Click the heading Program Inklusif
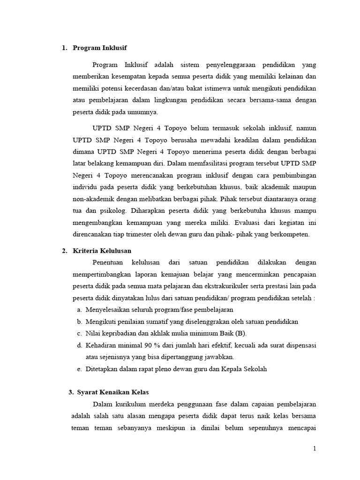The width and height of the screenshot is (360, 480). click(x=100, y=48)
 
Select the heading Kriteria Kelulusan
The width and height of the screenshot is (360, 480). click(x=102, y=251)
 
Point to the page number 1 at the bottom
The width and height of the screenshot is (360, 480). click(x=315, y=449)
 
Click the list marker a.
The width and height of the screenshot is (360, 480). click(x=78, y=310)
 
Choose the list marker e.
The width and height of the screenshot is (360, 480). click(x=78, y=369)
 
